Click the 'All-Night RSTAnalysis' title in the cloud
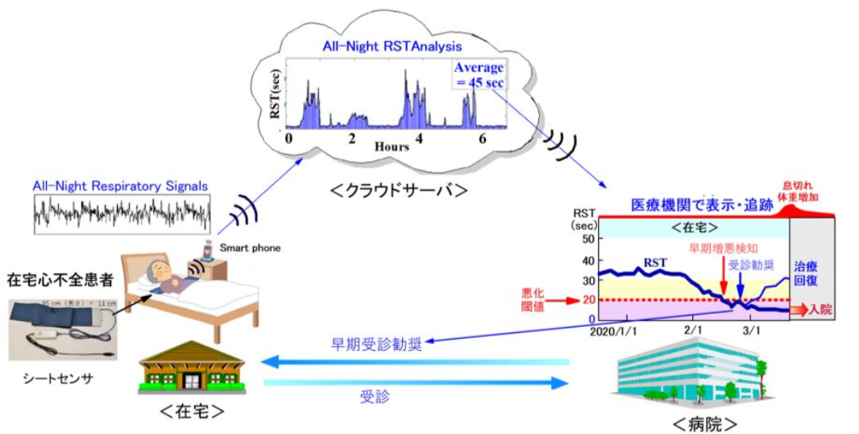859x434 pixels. (383, 47)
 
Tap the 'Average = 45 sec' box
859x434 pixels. (479, 75)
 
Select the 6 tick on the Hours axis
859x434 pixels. (482, 139)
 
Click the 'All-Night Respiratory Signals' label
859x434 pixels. (121, 186)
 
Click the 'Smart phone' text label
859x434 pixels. (251, 248)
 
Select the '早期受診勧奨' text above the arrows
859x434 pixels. (376, 344)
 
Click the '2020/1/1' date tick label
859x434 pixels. (613, 331)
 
